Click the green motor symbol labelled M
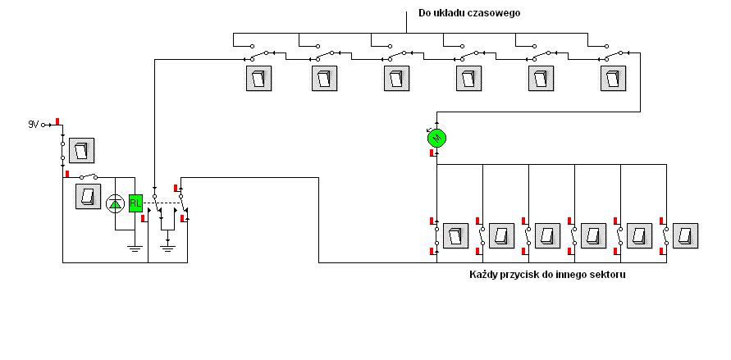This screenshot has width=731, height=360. [436, 138]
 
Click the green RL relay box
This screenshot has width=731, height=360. [135, 203]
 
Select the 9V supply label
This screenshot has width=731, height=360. [33, 125]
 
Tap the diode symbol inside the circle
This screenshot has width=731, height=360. [115, 203]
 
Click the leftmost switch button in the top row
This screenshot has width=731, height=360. [258, 78]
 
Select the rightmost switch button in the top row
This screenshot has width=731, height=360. [614, 78]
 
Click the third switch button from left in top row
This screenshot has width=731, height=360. [397, 78]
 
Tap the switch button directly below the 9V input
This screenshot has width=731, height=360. [81, 150]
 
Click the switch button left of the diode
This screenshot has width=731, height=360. [88, 196]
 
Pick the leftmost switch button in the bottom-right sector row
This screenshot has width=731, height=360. [455, 236]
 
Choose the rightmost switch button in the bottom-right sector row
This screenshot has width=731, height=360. [685, 236]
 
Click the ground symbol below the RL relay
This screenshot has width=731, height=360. [135, 248]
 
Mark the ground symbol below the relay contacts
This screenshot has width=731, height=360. [167, 248]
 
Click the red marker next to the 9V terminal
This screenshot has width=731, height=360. [57, 121]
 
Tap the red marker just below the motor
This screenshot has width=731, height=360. [432, 153]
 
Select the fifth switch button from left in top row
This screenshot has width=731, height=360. [541, 78]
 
